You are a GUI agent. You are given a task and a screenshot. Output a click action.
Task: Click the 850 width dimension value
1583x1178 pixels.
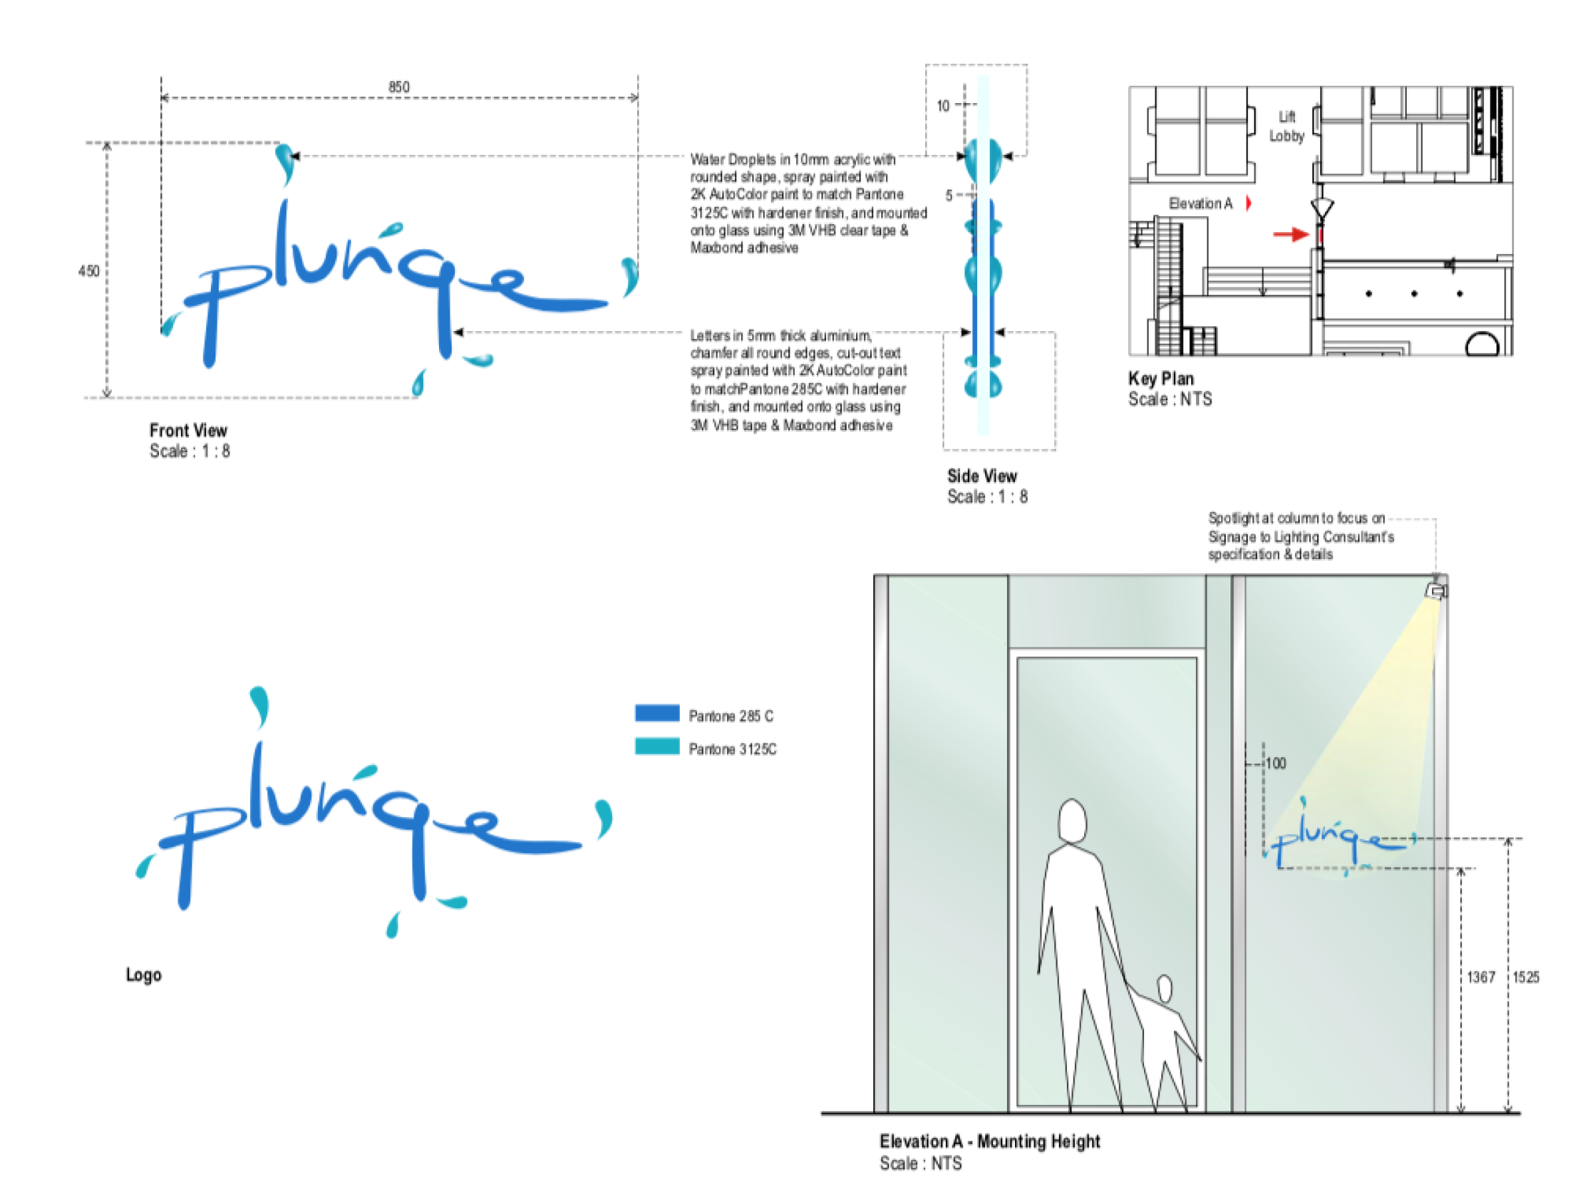399,87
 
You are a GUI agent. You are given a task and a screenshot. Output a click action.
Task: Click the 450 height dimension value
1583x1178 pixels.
89,271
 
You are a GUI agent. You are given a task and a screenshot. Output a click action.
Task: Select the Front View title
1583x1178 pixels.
188,431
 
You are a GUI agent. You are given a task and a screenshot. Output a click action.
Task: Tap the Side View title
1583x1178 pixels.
982,477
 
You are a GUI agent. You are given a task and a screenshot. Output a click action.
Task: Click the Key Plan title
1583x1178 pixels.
1161,379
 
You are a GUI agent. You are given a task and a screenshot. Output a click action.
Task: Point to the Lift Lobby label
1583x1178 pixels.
1286,126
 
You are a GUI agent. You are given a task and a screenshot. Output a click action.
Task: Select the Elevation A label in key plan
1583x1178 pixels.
1201,204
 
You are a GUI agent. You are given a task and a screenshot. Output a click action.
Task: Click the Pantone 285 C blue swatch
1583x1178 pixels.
657,713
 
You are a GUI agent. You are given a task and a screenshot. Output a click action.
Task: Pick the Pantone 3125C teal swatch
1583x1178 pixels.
657,747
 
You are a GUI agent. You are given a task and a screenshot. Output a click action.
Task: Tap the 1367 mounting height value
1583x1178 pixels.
1481,977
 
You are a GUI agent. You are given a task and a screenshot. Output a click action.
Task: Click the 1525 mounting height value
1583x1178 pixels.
1526,977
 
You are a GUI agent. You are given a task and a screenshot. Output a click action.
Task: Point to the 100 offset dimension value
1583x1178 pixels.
1276,764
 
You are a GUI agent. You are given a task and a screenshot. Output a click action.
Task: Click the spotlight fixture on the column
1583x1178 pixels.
1436,590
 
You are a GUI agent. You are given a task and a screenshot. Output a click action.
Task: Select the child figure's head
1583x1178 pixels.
1165,989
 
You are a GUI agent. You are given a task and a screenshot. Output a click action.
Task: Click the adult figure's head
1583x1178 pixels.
1072,822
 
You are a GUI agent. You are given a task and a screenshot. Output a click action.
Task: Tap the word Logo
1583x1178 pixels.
144,975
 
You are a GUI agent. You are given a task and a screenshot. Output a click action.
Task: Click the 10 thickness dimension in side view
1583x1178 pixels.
943,106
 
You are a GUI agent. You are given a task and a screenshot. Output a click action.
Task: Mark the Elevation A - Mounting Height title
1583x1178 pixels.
990,1141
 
